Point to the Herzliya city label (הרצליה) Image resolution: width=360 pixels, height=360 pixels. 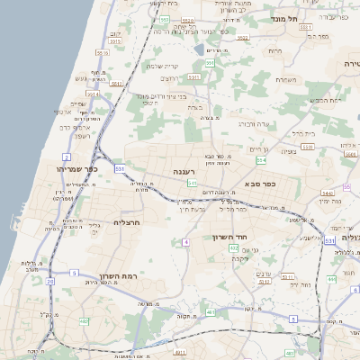(127, 222)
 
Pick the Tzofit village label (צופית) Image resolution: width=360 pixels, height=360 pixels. (289, 150)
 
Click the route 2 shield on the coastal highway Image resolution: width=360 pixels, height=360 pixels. (67, 157)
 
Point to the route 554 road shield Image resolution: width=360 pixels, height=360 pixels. (261, 160)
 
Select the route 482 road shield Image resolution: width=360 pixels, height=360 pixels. (84, 320)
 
